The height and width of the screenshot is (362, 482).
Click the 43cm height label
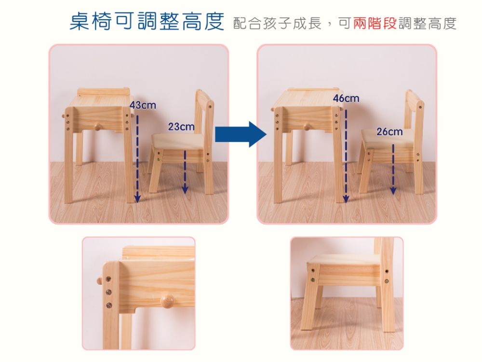[143, 105]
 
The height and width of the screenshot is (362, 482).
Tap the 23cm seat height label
[181, 126]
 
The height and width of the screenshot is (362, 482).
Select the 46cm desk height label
[346, 98]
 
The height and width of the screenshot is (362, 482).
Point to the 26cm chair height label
[389, 132]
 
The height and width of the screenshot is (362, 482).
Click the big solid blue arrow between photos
[241, 134]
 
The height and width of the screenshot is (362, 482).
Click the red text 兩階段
[375, 23]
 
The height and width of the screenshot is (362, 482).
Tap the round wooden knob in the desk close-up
[167, 300]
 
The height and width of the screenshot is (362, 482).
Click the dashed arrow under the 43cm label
[137, 159]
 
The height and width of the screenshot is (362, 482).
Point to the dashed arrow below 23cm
[185, 172]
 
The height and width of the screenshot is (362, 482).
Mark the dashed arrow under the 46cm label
[346, 156]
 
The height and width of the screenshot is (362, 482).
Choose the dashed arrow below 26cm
[393, 169]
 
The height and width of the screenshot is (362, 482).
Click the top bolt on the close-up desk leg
[108, 279]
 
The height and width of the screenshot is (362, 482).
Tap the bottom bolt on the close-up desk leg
[109, 305]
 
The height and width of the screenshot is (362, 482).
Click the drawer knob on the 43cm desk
[97, 126]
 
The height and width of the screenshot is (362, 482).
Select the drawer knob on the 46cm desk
[307, 126]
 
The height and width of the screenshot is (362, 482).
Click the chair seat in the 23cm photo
[178, 142]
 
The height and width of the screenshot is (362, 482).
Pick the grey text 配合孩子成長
[277, 23]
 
